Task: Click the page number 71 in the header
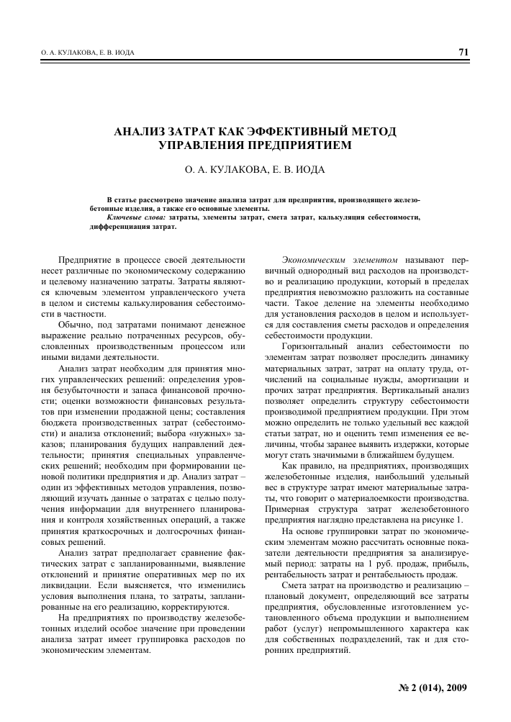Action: [462, 52]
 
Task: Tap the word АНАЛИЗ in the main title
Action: [146, 132]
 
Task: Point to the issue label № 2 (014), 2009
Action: [428, 688]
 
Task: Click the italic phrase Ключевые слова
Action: [135, 217]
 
